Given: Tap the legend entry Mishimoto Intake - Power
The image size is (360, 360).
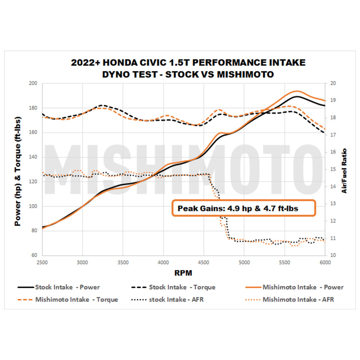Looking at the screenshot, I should click(x=297, y=287).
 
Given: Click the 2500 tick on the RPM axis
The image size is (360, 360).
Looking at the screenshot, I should click(x=42, y=261).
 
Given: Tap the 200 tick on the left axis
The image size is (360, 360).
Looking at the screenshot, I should click(x=32, y=84).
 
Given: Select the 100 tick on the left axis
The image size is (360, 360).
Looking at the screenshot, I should click(x=32, y=207).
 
